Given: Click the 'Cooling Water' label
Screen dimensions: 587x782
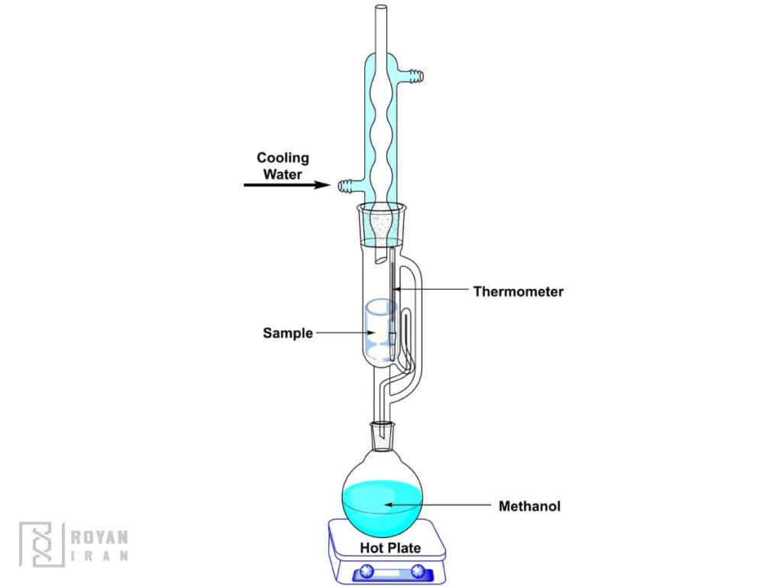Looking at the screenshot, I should point(283,166).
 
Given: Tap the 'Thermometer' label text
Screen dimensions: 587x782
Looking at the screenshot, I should point(518,291).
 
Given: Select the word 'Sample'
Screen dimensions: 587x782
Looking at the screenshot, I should point(288,333).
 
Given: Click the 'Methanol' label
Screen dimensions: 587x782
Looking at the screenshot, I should point(529,506).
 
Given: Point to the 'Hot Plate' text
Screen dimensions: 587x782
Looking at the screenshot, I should point(390,548).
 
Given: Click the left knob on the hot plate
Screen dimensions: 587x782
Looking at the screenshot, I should point(364,571).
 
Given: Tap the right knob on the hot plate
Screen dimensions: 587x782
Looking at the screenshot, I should point(417,571).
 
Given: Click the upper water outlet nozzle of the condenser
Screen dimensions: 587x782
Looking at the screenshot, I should point(414,76).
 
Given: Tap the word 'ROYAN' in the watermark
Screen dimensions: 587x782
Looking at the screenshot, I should point(99,537).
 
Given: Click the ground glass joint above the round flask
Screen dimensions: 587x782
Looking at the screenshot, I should point(382,436).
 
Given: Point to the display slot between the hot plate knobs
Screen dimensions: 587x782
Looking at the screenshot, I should point(390,571).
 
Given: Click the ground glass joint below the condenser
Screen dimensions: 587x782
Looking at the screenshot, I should point(381,222).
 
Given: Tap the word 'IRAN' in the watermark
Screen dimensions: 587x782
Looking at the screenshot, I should point(99,556).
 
